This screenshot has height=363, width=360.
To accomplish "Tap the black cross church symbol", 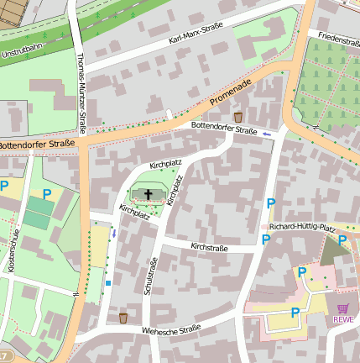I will click(149, 195).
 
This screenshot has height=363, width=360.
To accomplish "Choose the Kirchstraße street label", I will click(209, 248).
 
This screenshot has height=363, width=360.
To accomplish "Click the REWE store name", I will click(342, 319).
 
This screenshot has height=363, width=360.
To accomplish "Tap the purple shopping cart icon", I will click(342, 308).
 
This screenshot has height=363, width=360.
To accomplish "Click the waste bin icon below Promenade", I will click(238, 117).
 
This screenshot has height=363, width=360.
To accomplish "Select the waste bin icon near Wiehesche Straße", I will click(123, 318).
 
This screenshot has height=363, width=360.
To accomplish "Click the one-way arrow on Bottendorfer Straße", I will click(267, 134).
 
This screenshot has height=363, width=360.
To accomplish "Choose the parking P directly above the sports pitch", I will click(46, 194).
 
